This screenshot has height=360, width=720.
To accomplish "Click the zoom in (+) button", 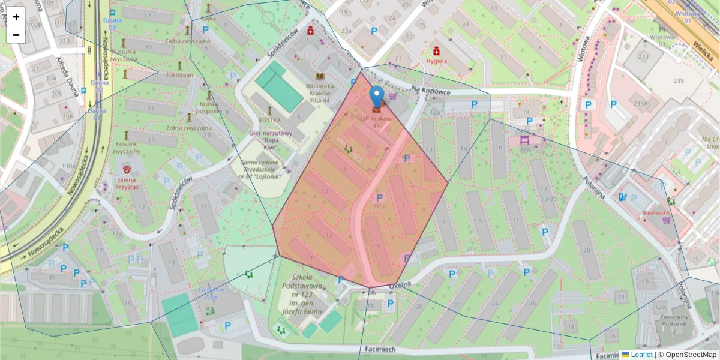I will [x=16, y=17].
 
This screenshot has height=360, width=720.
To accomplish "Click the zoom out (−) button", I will [x=16, y=35].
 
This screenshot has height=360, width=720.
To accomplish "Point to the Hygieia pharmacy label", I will [x=436, y=61].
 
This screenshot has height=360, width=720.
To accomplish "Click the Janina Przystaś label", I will [x=126, y=183].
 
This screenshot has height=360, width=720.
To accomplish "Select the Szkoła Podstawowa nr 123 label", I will [x=308, y=295].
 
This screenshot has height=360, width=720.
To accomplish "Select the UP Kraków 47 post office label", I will [x=376, y=122].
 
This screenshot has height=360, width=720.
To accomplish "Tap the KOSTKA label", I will [x=269, y=119].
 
